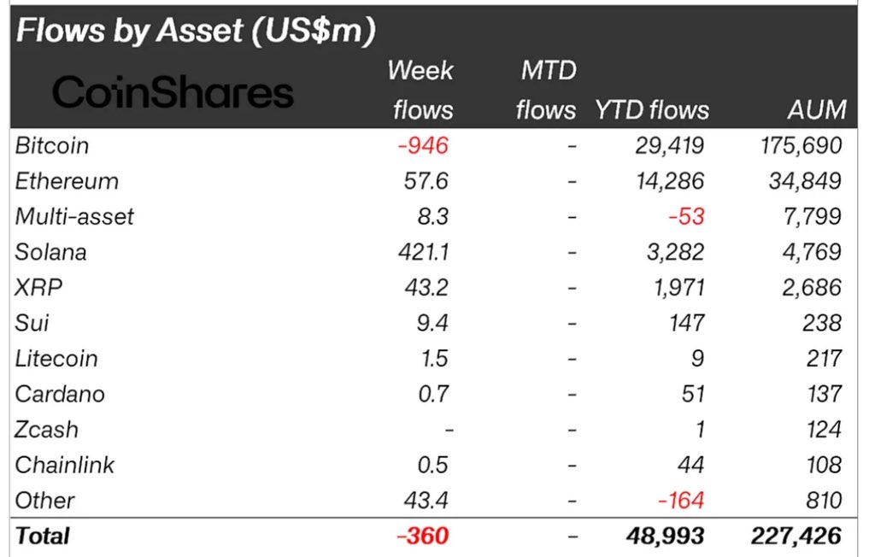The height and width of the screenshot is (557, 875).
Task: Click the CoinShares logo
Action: click(173, 92)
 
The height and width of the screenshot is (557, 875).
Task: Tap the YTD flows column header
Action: click(653, 109)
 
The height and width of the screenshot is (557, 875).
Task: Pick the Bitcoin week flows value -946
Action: click(422, 145)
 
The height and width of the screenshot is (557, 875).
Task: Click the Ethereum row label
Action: click(67, 181)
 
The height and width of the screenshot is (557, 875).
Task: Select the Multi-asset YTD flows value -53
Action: click(686, 216)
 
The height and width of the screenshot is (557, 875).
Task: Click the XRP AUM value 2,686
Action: click(813, 287)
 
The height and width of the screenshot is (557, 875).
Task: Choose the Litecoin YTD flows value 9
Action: click(698, 358)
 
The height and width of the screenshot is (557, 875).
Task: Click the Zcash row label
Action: click(46, 429)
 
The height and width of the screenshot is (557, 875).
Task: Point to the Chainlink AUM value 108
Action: click(824, 465)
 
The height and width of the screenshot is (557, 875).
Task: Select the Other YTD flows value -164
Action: click(681, 500)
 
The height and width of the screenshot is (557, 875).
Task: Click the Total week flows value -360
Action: click(422, 536)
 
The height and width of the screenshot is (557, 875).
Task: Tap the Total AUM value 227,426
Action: click(796, 536)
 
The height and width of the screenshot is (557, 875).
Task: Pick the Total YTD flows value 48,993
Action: click(665, 536)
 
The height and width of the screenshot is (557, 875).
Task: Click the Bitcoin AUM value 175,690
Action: click(801, 145)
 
